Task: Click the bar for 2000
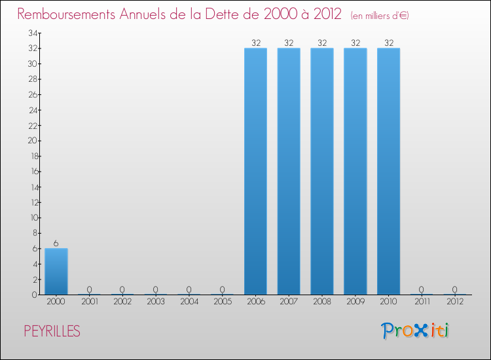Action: (56, 272)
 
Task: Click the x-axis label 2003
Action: (156, 302)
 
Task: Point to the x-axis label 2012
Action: (455, 302)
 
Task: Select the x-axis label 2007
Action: (289, 302)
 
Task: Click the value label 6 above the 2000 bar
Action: (56, 243)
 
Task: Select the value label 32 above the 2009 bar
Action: (355, 43)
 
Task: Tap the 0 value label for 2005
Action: (222, 289)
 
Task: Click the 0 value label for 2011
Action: (422, 289)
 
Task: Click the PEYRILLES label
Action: (52, 332)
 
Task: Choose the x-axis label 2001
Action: (89, 302)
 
